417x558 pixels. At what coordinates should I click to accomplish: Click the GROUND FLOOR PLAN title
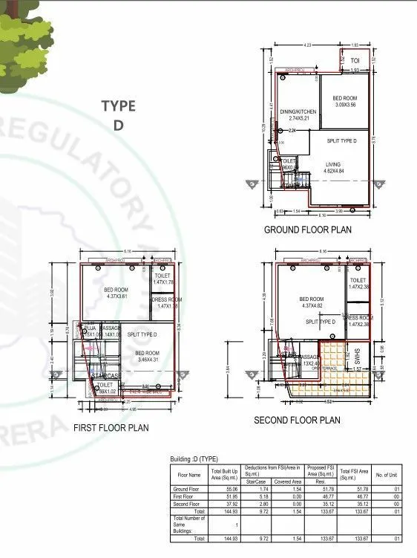tap(308, 230)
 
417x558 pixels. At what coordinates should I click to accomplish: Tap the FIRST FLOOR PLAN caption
tap(111, 427)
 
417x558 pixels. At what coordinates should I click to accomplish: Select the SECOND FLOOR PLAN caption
tap(297, 420)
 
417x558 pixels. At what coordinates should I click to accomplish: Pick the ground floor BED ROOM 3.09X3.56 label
tap(345, 102)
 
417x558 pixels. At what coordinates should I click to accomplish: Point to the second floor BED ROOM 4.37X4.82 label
tap(312, 302)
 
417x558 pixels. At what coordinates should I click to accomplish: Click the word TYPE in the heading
tap(118, 106)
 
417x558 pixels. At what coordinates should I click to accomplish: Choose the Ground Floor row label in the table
tap(185, 488)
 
